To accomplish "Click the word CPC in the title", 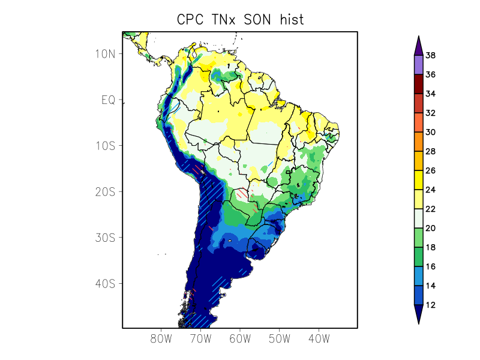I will coord(191,19).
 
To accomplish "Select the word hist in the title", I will coord(291,19).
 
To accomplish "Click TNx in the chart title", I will coord(223,19).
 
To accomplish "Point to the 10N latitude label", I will coord(105,54).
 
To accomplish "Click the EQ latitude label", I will coord(108,100).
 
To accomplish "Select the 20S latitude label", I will coord(105,191).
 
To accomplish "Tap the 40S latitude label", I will coord(105,283).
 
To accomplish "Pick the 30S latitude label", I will coord(105,237).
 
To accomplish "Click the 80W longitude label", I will coord(161,338).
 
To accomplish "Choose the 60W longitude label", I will coord(240,338).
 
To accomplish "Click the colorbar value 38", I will coord(430,56).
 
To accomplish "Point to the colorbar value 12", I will coord(430,305).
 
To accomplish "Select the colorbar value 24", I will coord(430,190).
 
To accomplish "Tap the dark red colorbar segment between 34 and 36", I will coord(418,84).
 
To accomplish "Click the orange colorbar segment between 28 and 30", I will coord(418,142).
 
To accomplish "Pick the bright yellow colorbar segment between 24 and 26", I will coord(418,180).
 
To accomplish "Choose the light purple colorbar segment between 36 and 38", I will coord(418,65).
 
